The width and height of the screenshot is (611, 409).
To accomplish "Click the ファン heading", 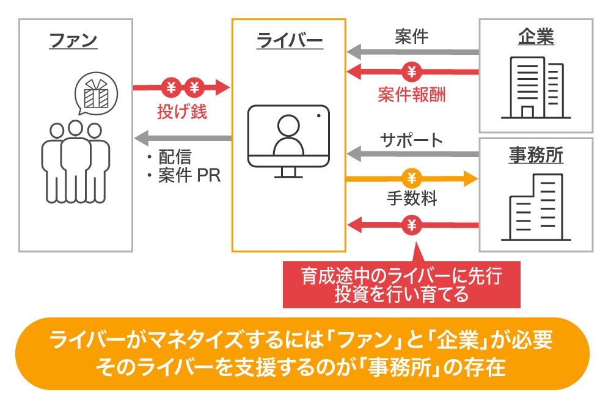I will (73, 42).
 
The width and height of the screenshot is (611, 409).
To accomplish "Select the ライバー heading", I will (289, 42).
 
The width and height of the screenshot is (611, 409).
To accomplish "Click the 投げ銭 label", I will (182, 112).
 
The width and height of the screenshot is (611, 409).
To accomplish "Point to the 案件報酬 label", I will (411, 95).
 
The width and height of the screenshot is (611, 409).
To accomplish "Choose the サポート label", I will (411, 140).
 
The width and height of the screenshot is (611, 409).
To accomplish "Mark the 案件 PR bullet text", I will (181, 177).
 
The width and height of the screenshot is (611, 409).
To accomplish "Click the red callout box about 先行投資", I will (401, 285).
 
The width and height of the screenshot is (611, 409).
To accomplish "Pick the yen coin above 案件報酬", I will (412, 72).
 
